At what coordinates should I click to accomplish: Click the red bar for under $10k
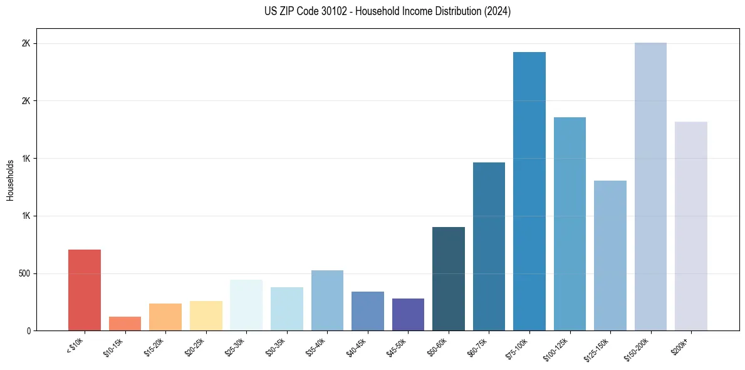[x=85, y=290]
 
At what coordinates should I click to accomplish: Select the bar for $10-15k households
[x=125, y=324]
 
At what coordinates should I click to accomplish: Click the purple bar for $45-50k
[x=408, y=314]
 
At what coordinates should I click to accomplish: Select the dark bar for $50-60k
[x=449, y=278]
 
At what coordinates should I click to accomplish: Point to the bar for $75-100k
[x=529, y=191]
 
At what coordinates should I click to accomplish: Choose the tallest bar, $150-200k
[x=650, y=186]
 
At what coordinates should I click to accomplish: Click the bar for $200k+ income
[x=691, y=226]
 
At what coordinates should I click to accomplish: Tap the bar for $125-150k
[x=610, y=255]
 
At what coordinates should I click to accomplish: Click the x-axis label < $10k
[x=75, y=344]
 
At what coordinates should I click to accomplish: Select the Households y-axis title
[x=10, y=179]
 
